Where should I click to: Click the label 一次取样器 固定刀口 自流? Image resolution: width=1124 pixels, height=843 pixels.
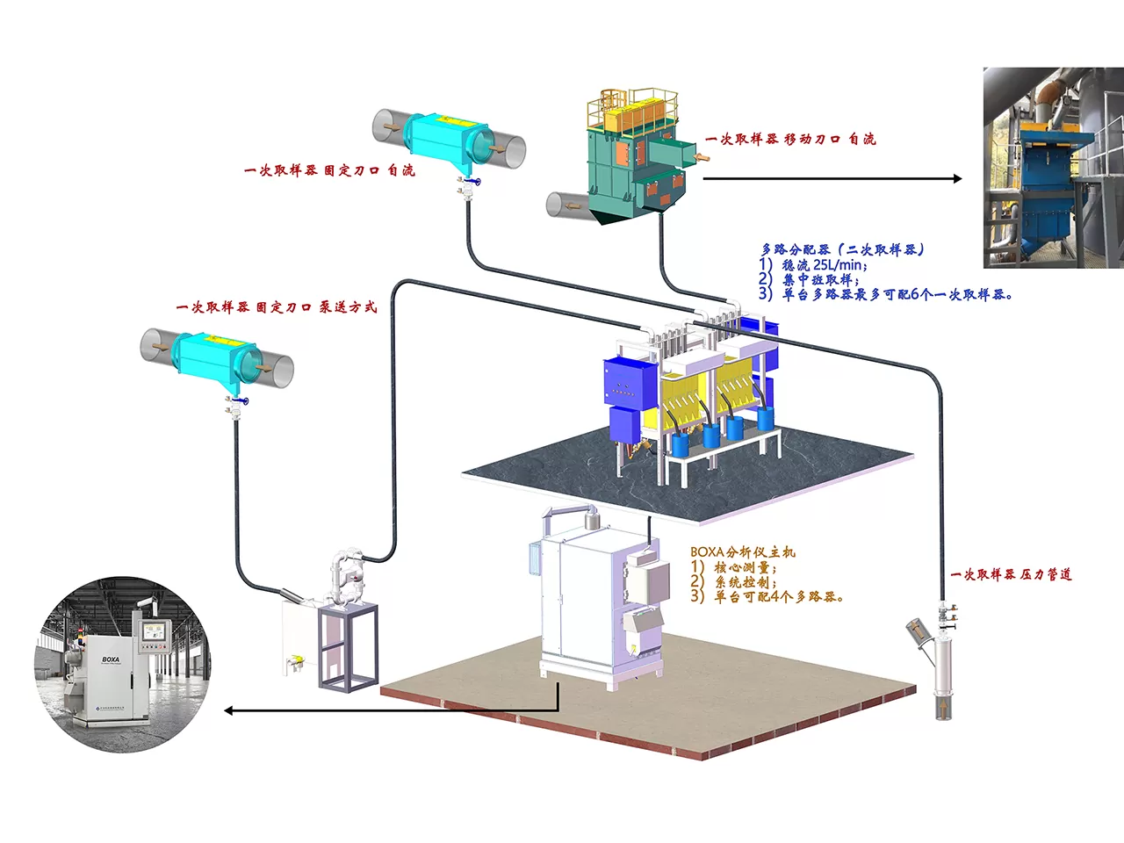pyautogui.click(x=329, y=170)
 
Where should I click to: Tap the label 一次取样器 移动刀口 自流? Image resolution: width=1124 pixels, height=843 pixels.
pyautogui.click(x=790, y=139)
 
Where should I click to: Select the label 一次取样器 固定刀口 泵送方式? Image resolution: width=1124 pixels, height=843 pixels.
pyautogui.click(x=277, y=307)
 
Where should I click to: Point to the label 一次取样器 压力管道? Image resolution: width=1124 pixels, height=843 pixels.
pyautogui.click(x=1011, y=574)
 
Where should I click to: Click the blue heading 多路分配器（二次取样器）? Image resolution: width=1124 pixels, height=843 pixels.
pyautogui.click(x=843, y=249)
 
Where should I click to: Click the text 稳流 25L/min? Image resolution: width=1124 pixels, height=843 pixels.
pyautogui.click(x=824, y=264)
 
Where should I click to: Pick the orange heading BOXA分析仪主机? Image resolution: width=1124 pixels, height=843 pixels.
pyautogui.click(x=743, y=551)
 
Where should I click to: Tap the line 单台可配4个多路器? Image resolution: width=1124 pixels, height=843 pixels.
pyautogui.click(x=778, y=596)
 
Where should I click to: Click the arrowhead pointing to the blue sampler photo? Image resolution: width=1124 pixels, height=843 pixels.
pyautogui.click(x=957, y=178)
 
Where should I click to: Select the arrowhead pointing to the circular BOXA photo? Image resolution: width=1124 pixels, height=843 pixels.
pyautogui.click(x=229, y=710)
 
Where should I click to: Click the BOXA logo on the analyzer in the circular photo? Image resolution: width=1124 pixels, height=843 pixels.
pyautogui.click(x=111, y=659)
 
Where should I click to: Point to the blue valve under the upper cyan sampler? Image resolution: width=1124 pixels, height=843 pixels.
pyautogui.click(x=476, y=182)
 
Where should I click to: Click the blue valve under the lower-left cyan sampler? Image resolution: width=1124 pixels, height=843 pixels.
pyautogui.click(x=244, y=401)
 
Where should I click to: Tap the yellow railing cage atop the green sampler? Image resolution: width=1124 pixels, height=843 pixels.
pyautogui.click(x=632, y=109)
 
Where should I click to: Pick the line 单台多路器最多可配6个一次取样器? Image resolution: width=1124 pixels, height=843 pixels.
pyautogui.click(x=897, y=294)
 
